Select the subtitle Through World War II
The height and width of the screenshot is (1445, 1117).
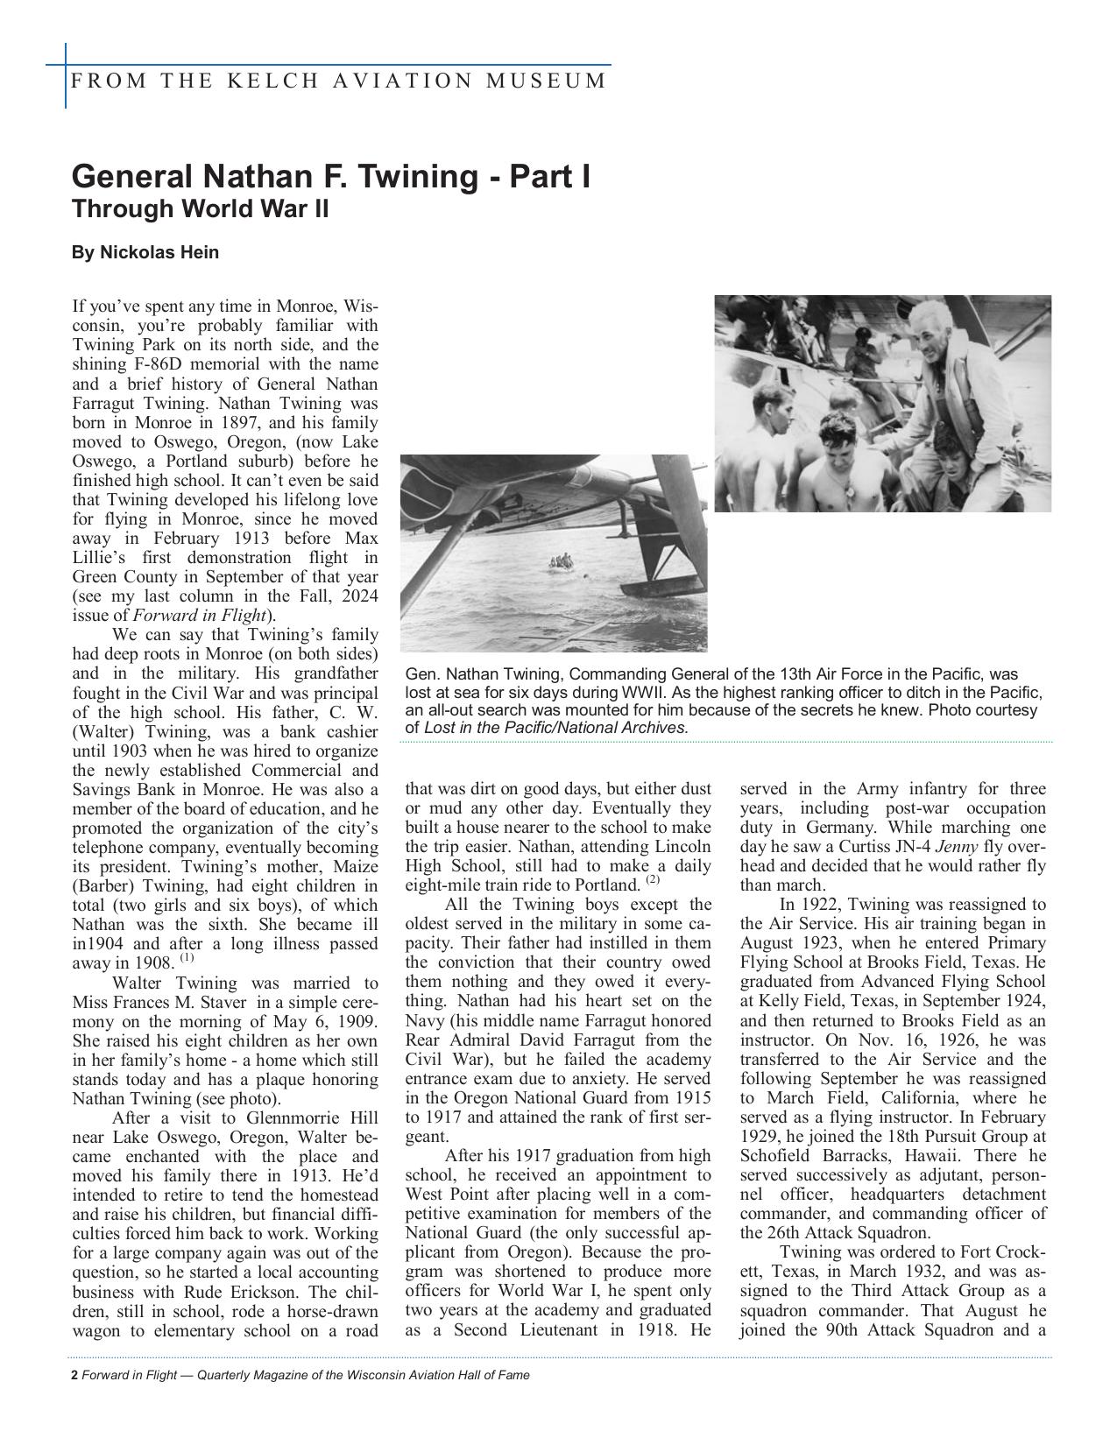tap(201, 210)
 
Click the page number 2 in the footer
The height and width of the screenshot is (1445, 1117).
tap(74, 1375)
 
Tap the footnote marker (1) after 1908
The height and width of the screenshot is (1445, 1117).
tap(187, 958)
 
